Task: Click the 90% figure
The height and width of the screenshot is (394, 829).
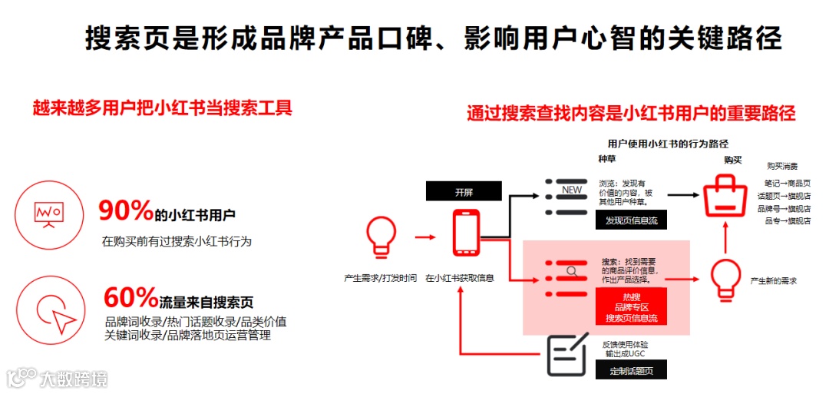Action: pyautogui.click(x=126, y=210)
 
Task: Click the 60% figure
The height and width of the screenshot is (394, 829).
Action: pyautogui.click(x=130, y=297)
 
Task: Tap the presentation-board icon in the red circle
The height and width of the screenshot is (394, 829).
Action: pyautogui.click(x=48, y=213)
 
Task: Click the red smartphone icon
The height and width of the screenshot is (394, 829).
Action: pyautogui.click(x=465, y=232)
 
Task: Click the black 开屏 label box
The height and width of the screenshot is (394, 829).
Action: pyautogui.click(x=464, y=192)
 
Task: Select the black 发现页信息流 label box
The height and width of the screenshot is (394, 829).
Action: pyautogui.click(x=631, y=220)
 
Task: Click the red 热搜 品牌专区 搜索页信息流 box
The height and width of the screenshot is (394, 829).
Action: pyautogui.click(x=631, y=306)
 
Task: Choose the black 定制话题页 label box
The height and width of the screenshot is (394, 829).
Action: pyautogui.click(x=631, y=370)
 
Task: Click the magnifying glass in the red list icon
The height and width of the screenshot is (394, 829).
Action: pyautogui.click(x=572, y=270)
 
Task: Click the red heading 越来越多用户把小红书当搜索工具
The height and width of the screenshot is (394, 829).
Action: pyautogui.click(x=162, y=107)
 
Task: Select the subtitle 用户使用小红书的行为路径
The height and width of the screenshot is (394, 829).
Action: pyautogui.click(x=667, y=144)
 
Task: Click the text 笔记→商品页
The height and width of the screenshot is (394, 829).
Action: pyautogui.click(x=787, y=184)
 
